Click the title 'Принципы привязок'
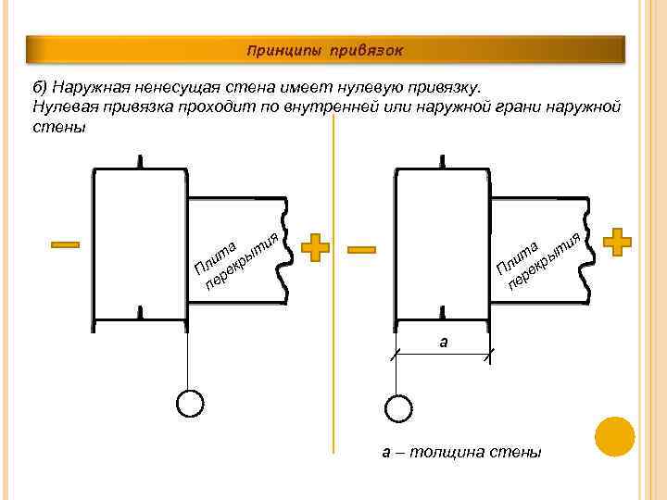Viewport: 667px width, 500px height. (x=324, y=49)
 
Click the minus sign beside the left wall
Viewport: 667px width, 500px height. (x=65, y=245)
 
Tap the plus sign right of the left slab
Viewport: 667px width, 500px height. (x=316, y=247)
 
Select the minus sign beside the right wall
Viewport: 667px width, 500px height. (x=361, y=249)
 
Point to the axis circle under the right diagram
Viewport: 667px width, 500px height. (x=396, y=408)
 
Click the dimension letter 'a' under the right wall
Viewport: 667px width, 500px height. (x=444, y=341)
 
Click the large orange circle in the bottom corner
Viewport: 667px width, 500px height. (x=615, y=436)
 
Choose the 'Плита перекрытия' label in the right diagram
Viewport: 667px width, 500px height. (x=538, y=256)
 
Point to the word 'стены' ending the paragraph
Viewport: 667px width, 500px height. (x=57, y=127)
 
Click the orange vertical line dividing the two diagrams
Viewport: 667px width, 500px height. (x=334, y=278)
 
